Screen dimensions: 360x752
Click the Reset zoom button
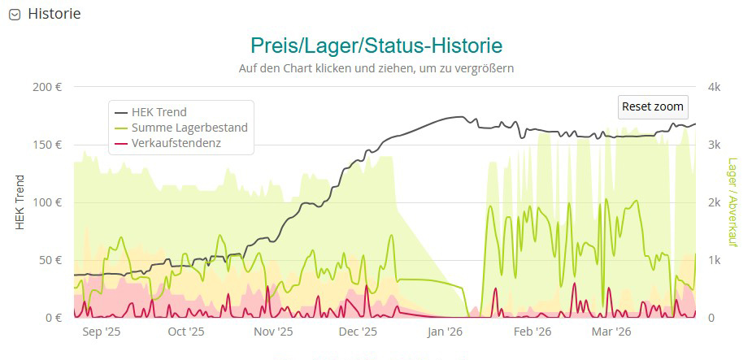(652, 106)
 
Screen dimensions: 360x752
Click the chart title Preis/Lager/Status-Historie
(376, 45)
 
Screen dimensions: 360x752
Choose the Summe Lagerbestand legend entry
(189, 128)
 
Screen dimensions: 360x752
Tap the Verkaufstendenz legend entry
(176, 143)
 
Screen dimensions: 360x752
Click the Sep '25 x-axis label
(102, 332)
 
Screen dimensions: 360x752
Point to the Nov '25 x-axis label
(273, 332)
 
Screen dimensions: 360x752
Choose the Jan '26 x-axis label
(445, 332)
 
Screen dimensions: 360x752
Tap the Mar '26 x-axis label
(611, 332)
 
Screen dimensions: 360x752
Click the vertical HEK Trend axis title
(20, 202)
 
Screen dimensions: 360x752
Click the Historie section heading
(54, 14)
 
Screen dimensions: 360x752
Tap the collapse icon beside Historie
(14, 15)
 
